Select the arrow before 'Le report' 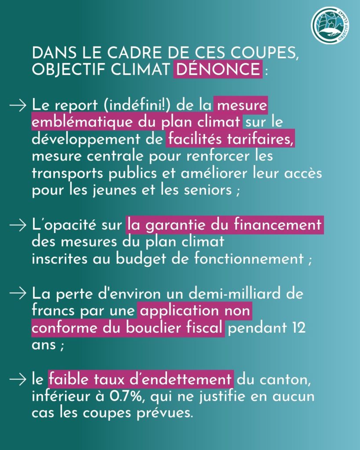(x=18, y=106)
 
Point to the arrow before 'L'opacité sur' (x=18, y=225)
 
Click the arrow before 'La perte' (x=18, y=293)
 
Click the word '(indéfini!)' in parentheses (x=127, y=106)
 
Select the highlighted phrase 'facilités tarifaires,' (x=231, y=140)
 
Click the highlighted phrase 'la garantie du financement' (x=224, y=225)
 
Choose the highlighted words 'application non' (x=195, y=312)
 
